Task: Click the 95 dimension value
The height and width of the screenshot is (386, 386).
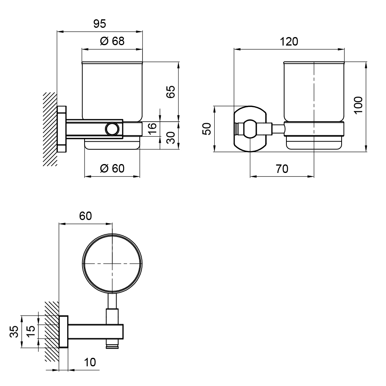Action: click(100, 24)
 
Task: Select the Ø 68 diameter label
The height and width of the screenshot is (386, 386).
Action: click(112, 41)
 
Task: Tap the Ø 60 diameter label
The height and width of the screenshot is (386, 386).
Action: click(112, 169)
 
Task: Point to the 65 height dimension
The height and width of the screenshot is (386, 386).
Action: click(171, 92)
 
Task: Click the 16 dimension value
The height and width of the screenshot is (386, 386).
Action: click(152, 128)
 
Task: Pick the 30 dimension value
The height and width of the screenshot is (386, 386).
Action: click(171, 138)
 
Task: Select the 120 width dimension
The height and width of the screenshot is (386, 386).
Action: click(289, 42)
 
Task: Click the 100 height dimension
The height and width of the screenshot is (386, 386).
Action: click(359, 105)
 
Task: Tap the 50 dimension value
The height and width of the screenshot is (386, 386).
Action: click(207, 129)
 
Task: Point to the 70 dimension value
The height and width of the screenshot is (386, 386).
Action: click(282, 169)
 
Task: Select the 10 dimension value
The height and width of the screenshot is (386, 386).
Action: click(90, 362)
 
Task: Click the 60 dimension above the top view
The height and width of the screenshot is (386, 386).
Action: click(85, 216)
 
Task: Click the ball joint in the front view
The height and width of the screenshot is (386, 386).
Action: click(250, 129)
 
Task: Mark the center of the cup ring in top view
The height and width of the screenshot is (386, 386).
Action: click(112, 263)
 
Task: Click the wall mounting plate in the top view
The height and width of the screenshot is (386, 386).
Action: click(64, 331)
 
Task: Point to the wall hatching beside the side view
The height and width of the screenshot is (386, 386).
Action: click(50, 129)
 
